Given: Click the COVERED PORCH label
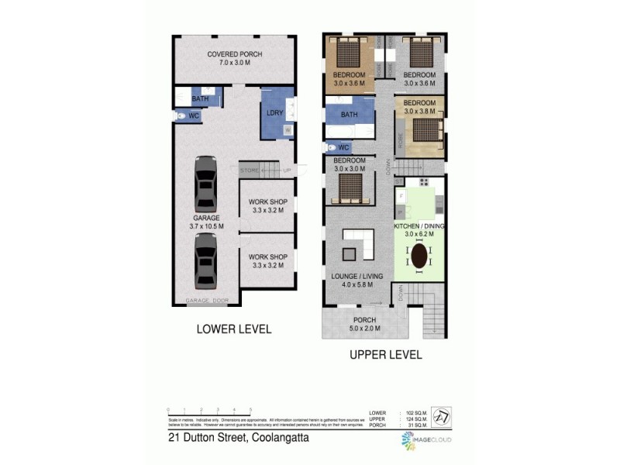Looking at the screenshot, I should [234, 54].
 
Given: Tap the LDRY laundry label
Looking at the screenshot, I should [274, 114].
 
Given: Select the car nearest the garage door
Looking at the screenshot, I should [205, 261].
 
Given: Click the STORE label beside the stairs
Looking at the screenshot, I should [249, 170].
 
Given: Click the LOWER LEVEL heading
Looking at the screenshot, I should [233, 329].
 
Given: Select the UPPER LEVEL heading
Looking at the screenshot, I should [384, 355].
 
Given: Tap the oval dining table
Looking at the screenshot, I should [420, 256].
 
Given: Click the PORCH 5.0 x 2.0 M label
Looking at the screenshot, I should [363, 324].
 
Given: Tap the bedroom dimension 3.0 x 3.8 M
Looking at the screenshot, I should [421, 111].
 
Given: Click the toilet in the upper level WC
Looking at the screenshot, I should [332, 146].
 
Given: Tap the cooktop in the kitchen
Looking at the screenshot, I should [424, 182].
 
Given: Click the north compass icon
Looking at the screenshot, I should [439, 418].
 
